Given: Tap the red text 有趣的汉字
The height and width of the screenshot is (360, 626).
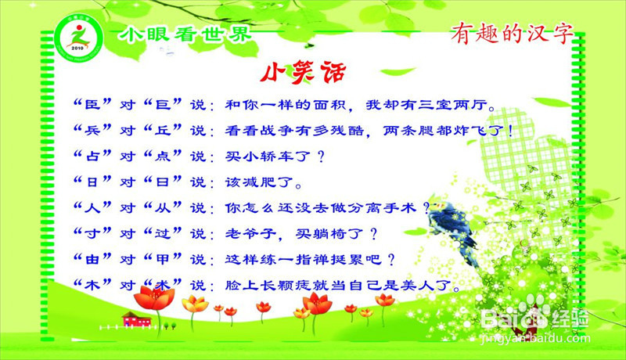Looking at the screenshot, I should [513, 32].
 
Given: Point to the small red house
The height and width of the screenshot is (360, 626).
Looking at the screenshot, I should [136, 318].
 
